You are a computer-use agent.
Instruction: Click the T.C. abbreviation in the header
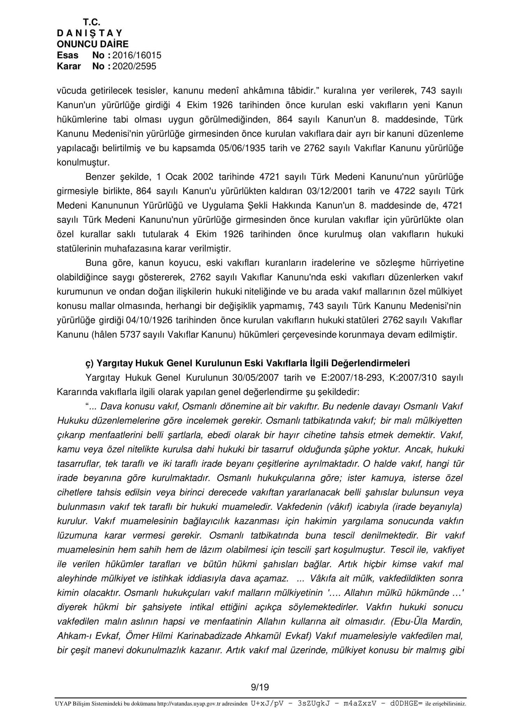pyautogui.click(x=92, y=22)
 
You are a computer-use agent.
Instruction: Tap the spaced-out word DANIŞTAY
pyautogui.click(x=90, y=33)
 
